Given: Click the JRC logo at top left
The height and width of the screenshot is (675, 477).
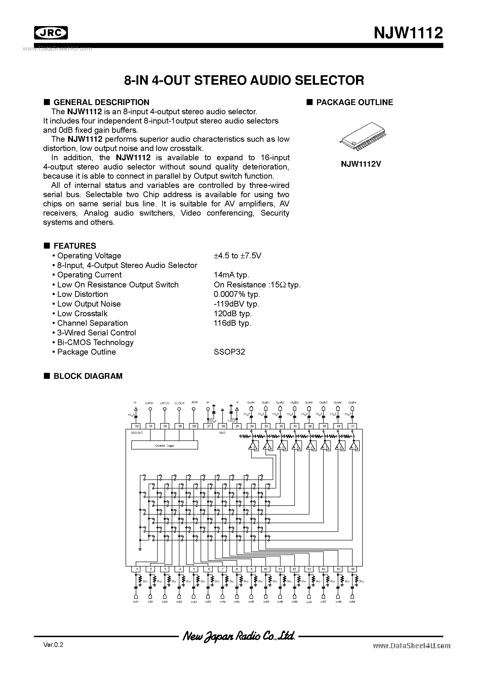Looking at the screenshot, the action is coord(51,33).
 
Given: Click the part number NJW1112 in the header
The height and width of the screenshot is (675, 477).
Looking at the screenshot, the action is coord(408,33).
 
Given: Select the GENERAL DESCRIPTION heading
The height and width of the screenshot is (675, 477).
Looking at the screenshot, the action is coord(101,102).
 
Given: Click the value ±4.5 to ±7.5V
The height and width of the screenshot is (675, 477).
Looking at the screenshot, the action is coord(237,256).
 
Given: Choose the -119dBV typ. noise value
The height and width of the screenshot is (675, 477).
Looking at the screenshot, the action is coord(236,304).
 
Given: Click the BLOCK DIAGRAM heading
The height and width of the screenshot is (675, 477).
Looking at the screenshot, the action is coord(88,376).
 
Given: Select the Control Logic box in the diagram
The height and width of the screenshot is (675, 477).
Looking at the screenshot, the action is coord(164,445).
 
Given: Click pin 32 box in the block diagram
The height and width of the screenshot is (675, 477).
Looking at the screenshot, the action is coord(136,426).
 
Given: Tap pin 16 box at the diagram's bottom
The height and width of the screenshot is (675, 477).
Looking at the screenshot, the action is coord(352,569).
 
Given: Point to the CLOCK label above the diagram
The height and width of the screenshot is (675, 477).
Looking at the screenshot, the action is coord(179,403).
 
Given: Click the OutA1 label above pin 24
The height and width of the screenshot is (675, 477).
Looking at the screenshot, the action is coord(251,402).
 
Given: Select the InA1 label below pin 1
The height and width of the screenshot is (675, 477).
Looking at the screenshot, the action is coord(136,602).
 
